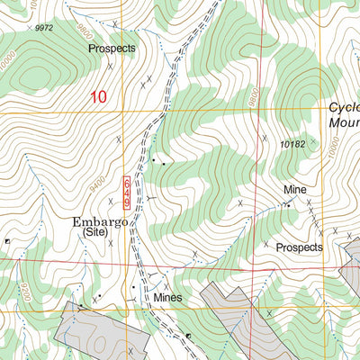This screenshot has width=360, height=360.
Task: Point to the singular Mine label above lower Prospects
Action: click(295, 190)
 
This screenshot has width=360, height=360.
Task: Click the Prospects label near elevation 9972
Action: click(112, 47)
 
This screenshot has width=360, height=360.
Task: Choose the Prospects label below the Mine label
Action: click(299, 246)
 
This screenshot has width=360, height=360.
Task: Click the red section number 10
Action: click(98, 96)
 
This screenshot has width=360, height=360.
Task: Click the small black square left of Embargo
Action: click(7, 241)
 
